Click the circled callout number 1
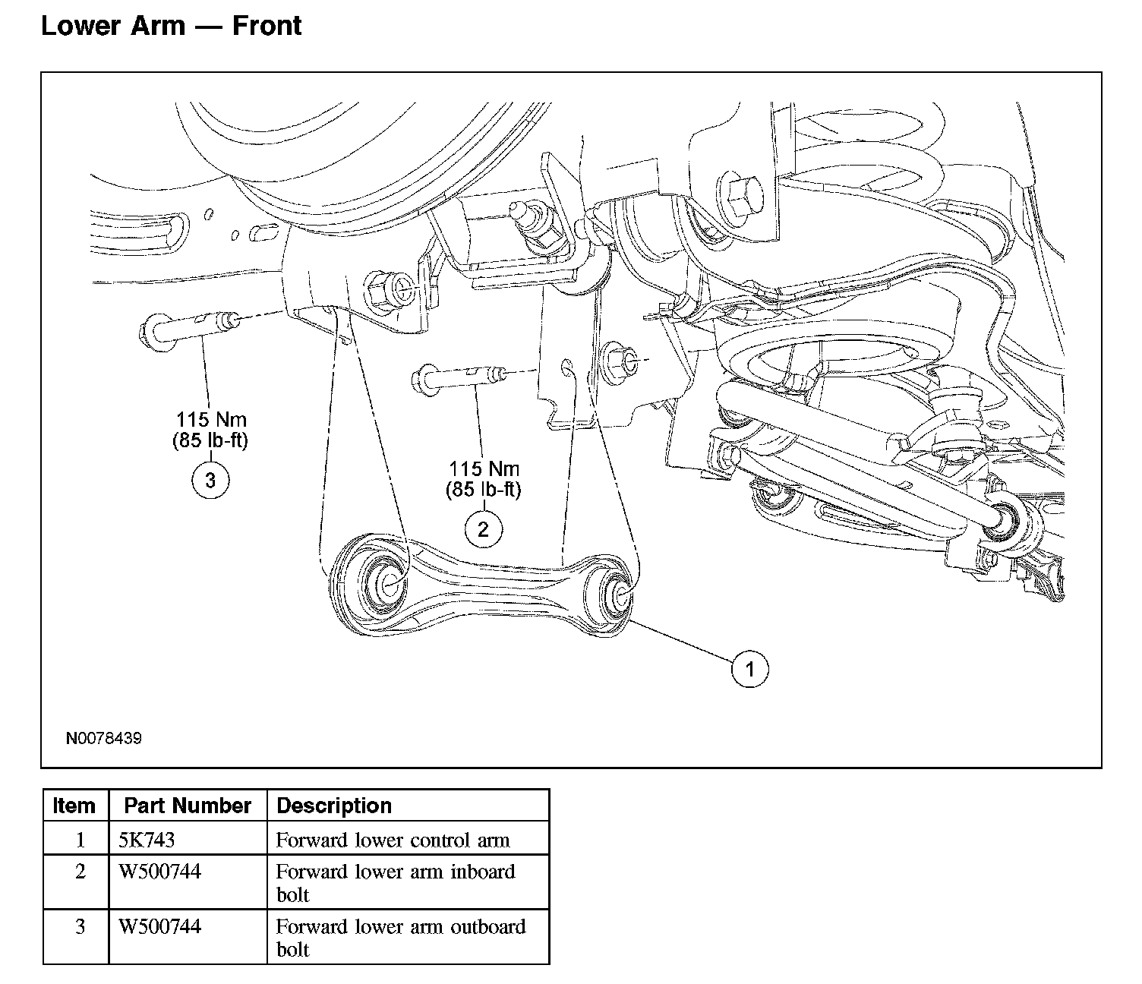click(749, 669)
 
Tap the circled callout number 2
click(484, 529)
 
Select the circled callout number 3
click(210, 480)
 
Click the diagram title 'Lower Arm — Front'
click(172, 26)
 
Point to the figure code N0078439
click(104, 738)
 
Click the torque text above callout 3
click(210, 430)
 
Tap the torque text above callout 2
click(484, 479)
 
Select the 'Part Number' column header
click(188, 806)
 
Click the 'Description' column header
click(333, 806)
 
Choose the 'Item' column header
click(74, 806)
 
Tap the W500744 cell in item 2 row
click(159, 872)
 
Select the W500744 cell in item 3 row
click(159, 926)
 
